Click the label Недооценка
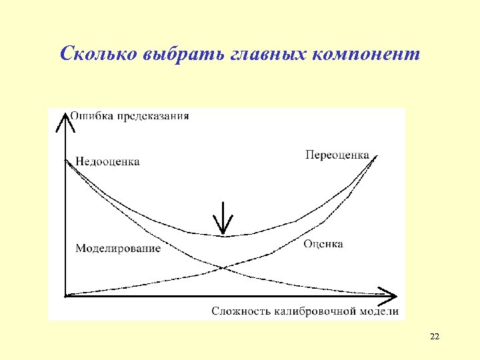click(x=107, y=161)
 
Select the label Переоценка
click(x=337, y=155)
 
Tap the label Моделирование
click(x=118, y=248)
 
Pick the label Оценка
click(x=323, y=244)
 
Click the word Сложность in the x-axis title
click(x=239, y=311)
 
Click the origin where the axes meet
click(x=65, y=294)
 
